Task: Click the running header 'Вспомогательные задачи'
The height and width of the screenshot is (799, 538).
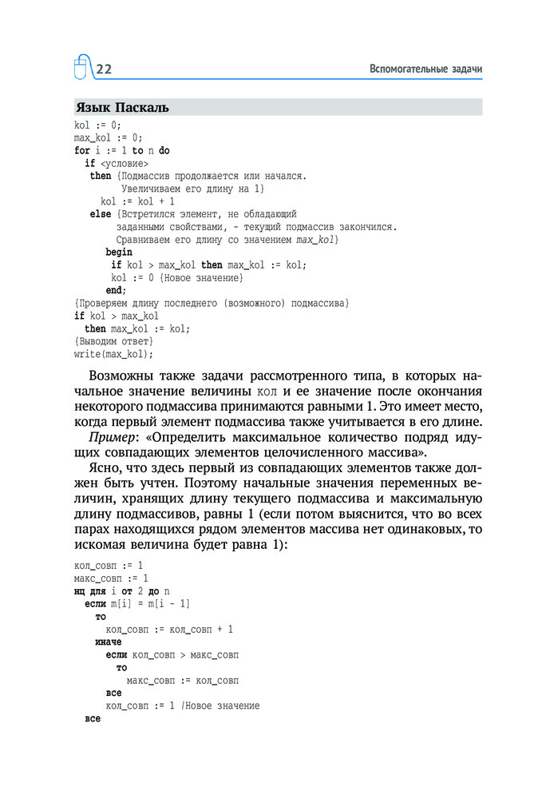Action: [426, 70]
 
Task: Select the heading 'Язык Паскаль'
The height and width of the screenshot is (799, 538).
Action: [121, 107]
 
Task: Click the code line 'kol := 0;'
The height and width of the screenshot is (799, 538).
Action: [97, 125]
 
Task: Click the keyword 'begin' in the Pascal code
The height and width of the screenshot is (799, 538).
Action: [119, 252]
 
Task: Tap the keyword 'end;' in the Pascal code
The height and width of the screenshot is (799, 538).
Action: [116, 290]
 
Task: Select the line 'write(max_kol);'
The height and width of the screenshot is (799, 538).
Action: [113, 353]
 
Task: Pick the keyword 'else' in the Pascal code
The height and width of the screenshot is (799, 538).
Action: [101, 214]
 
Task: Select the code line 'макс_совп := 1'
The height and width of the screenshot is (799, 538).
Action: [111, 578]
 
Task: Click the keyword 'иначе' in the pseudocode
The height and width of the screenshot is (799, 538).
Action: [108, 642]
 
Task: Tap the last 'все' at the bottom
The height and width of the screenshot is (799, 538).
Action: [92, 718]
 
